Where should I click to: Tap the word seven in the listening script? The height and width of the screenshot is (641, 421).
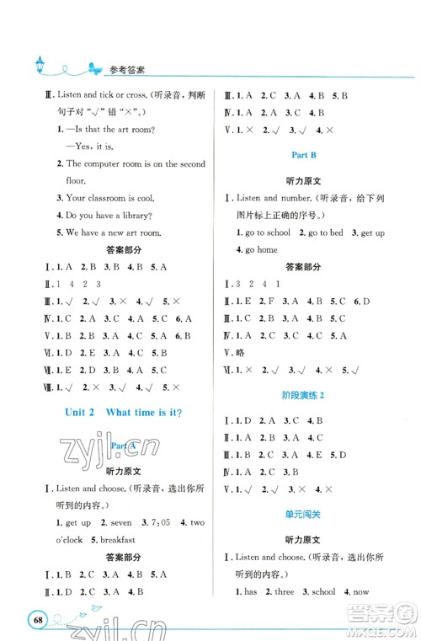(x=120, y=522)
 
